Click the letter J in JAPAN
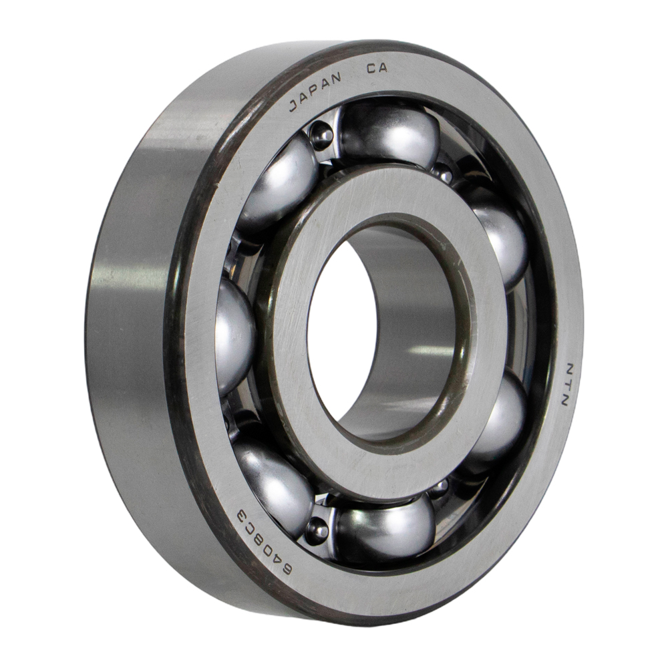(x=294, y=106)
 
